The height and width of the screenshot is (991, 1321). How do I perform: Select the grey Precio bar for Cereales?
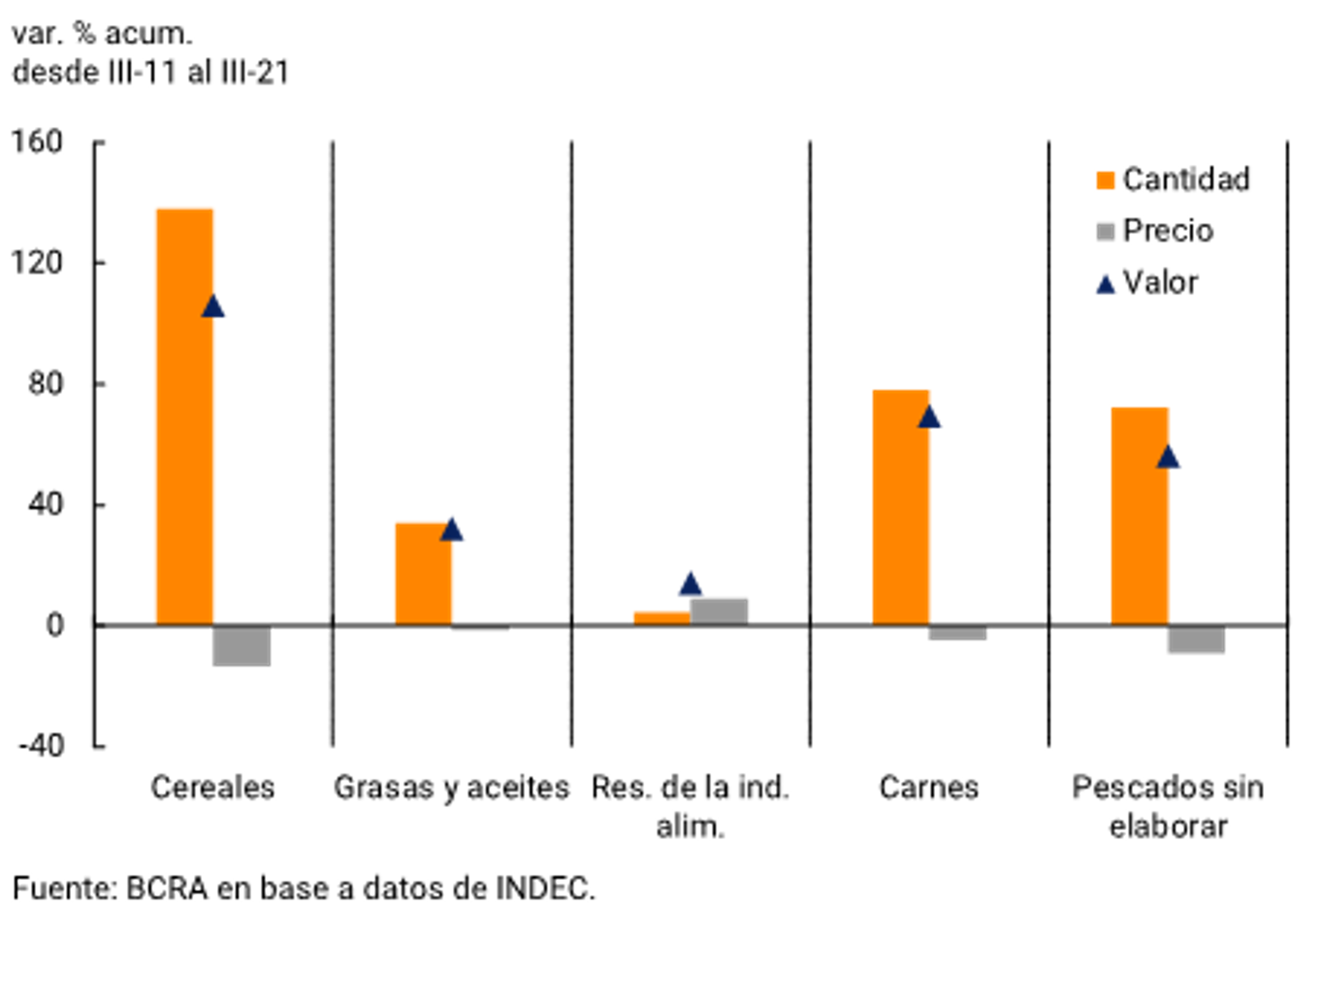(241, 645)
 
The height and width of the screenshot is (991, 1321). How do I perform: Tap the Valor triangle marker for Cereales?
(213, 308)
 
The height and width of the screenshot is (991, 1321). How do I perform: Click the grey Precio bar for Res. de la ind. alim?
(719, 611)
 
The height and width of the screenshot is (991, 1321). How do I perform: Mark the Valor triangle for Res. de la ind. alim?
(690, 585)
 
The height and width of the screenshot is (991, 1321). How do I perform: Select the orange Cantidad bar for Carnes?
(901, 507)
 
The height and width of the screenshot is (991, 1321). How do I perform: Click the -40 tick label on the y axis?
(41, 746)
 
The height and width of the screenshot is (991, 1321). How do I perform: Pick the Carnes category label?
(929, 787)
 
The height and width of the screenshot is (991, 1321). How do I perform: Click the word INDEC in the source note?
(544, 889)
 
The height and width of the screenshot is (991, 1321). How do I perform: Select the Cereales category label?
(213, 787)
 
